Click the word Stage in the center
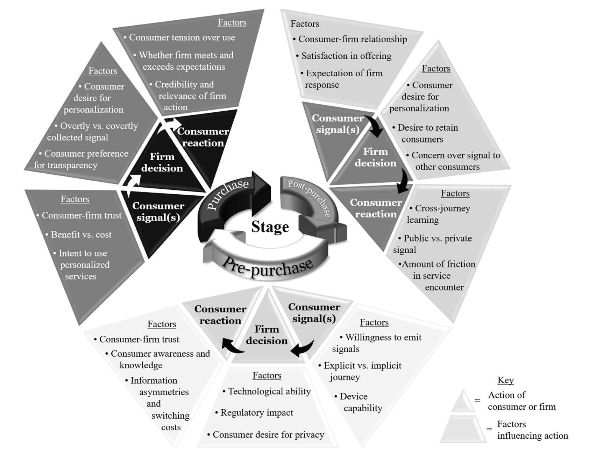[x=270, y=227]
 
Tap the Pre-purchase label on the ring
[x=268, y=268]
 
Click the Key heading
[x=505, y=380]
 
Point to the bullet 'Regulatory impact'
[x=257, y=413]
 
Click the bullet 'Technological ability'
[x=269, y=391]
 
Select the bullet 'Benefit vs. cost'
[x=81, y=235]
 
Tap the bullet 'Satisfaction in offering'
[x=346, y=56]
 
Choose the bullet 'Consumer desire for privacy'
[x=268, y=435]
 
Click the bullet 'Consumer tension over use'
[x=182, y=37]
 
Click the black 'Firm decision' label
[x=162, y=162]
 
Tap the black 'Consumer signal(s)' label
[x=158, y=211]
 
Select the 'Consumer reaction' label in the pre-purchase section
[x=220, y=315]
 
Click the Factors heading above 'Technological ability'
[x=267, y=376]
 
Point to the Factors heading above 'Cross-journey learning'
[x=455, y=194]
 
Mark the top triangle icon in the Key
[x=463, y=401]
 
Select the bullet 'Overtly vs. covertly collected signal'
[x=93, y=132]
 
